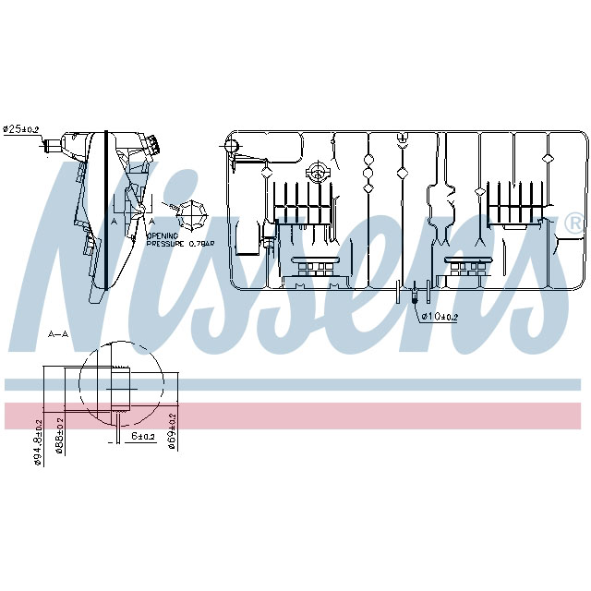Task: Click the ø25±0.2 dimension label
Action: pos(21,129)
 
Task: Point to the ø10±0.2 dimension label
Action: pos(441,317)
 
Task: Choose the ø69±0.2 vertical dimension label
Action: pos(173,431)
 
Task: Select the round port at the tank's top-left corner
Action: pos(232,145)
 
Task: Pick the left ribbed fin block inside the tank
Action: pos(302,203)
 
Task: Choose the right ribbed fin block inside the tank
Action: pos(517,203)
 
